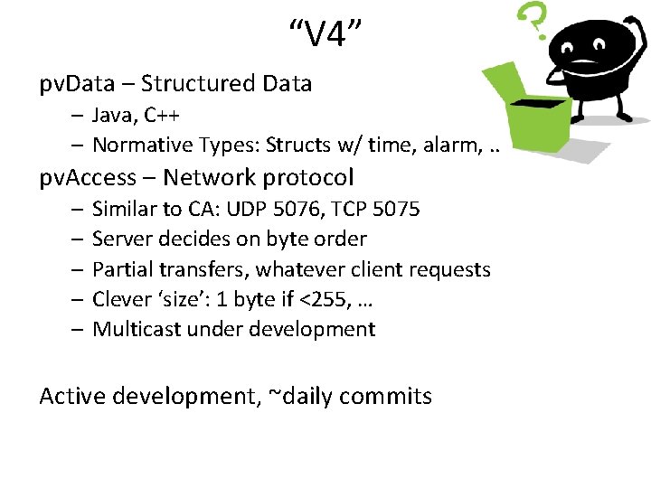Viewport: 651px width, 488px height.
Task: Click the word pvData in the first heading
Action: click(x=77, y=84)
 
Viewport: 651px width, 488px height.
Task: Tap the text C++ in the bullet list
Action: click(x=159, y=115)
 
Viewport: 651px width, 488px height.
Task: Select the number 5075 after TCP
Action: click(x=394, y=209)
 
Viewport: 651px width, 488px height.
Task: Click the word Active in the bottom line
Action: click(x=72, y=396)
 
